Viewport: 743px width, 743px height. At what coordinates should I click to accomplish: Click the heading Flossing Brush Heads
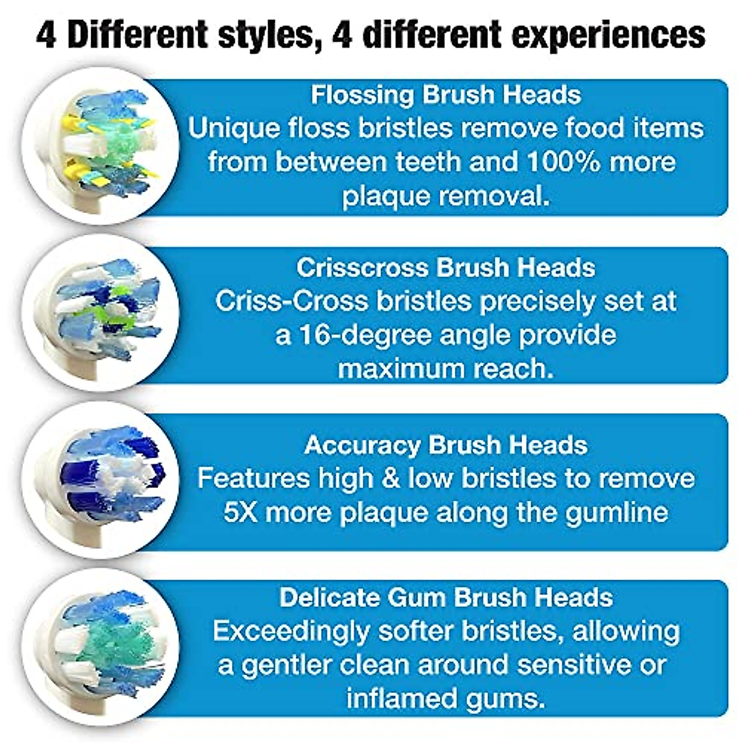tap(446, 95)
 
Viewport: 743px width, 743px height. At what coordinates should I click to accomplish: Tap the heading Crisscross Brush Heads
tap(446, 267)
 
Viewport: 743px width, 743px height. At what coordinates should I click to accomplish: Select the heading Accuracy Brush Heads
tap(446, 445)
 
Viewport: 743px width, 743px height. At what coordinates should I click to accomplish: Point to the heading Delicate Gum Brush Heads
tap(446, 597)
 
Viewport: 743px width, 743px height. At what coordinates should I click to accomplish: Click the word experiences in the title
tap(609, 35)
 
